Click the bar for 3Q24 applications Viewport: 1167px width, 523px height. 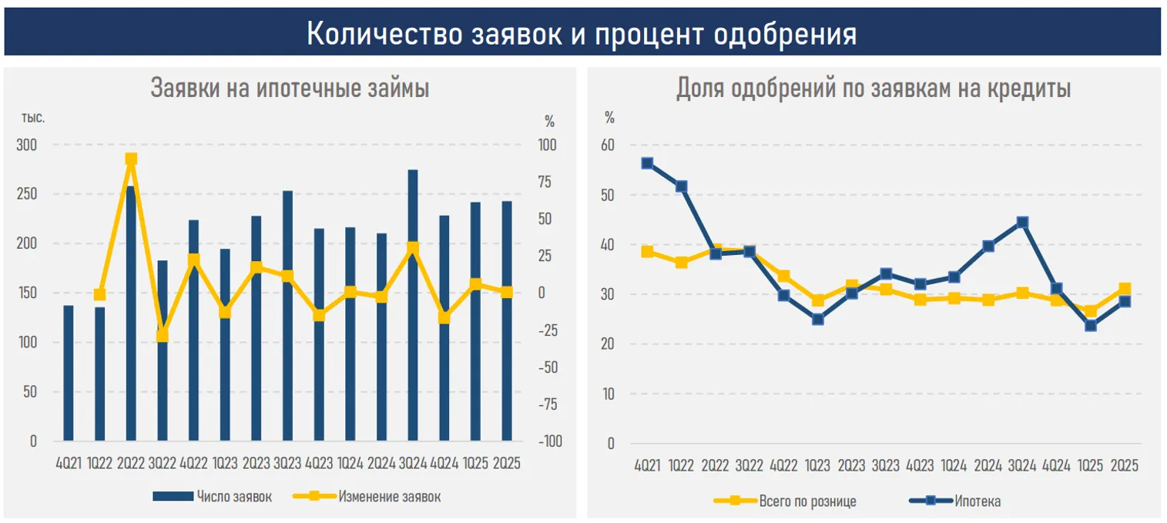point(413,308)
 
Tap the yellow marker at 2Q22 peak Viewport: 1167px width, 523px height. point(131,159)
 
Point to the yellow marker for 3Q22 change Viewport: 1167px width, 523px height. point(163,336)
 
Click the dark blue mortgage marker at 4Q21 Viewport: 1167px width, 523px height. point(647,163)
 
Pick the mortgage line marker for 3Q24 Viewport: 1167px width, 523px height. point(1022,223)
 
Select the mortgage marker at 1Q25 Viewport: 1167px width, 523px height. point(1090,325)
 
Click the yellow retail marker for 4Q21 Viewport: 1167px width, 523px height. point(647,252)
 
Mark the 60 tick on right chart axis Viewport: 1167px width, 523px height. point(609,146)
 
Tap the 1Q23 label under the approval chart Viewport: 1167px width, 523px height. point(817,466)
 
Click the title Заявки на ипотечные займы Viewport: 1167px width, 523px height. point(290,89)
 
